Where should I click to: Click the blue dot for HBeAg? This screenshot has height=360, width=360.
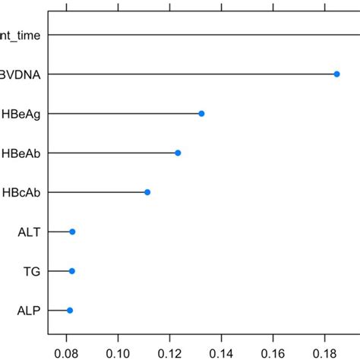[201, 113]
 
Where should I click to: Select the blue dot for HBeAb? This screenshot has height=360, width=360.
[178, 153]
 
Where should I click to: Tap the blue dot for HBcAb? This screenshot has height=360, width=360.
[147, 192]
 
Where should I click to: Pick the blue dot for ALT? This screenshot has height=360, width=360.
[72, 232]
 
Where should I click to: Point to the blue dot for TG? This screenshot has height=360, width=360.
[72, 271]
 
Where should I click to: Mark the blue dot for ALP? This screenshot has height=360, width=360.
[70, 311]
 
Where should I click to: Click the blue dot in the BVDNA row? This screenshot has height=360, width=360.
[336, 74]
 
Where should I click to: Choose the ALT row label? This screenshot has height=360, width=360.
[29, 232]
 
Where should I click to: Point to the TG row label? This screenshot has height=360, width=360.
[32, 271]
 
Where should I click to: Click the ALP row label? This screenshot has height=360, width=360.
[29, 311]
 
